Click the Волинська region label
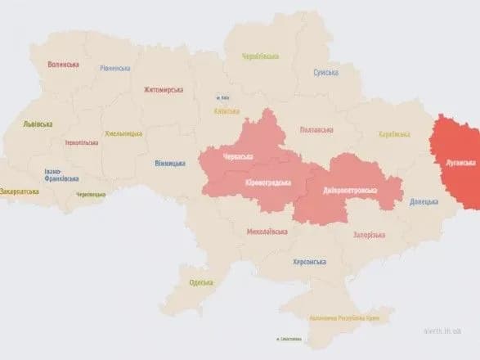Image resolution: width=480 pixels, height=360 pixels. tap(64, 65)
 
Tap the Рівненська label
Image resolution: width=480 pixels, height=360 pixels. tap(114, 69)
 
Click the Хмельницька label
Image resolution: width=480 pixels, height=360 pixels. tap(123, 133)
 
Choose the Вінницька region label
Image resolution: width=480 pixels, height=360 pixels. tap(169, 163)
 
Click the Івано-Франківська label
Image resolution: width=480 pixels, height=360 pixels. tap(61, 175)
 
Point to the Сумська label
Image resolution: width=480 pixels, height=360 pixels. tap(325, 73)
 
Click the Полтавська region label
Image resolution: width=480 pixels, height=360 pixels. tap(316, 129)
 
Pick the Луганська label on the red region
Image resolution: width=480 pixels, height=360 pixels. tap(458, 162)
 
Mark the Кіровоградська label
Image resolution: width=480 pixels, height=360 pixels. tap(268, 182)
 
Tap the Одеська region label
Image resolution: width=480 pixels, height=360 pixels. tap(200, 282)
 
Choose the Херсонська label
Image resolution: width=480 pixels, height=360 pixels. tap(309, 262)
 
